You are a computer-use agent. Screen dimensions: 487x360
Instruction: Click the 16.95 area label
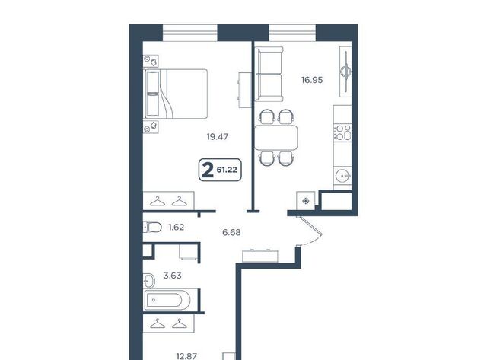[x=312, y=80]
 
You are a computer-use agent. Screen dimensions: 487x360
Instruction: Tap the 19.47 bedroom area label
[x=218, y=137]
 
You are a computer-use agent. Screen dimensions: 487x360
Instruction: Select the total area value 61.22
[x=227, y=170]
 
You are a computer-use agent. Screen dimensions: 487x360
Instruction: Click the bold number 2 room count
[x=208, y=170]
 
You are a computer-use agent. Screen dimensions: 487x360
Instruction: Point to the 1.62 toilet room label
[x=176, y=228]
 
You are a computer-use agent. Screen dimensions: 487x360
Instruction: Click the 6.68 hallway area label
[x=231, y=232]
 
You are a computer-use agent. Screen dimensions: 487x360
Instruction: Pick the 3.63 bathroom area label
[x=173, y=276]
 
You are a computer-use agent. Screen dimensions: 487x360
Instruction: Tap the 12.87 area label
[x=186, y=356]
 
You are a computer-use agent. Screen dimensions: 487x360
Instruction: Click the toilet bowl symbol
[x=152, y=228]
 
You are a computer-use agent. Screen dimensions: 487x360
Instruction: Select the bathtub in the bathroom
[x=167, y=300]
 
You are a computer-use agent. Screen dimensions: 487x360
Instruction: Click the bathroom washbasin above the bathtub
[x=149, y=281]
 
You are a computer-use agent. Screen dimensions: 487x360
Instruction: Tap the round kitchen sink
[x=343, y=176]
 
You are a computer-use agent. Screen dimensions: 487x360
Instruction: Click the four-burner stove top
[x=342, y=132]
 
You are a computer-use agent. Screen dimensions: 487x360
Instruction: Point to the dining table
[x=276, y=137]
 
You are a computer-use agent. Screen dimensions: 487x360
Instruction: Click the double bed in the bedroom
[x=175, y=94]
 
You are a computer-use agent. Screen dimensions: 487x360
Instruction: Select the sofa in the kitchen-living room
[x=269, y=75]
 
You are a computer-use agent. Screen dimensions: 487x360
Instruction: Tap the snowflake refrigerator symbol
[x=306, y=201]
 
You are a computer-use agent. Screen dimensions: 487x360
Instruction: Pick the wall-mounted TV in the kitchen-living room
[x=345, y=72]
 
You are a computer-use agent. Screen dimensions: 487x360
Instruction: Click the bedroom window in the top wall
[x=190, y=33]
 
